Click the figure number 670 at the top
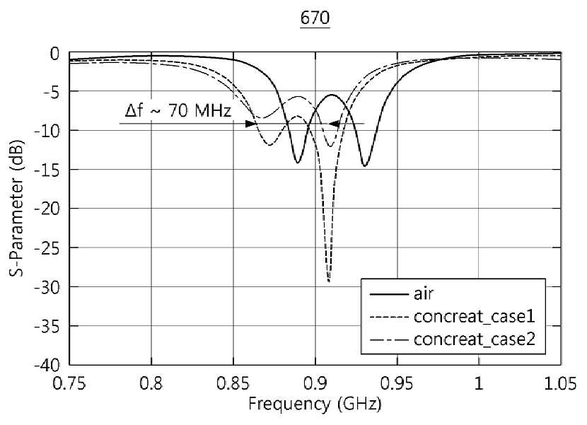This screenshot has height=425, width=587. [315, 18]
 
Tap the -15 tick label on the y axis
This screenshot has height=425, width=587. [47, 169]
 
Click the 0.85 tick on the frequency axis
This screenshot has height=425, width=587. [233, 383]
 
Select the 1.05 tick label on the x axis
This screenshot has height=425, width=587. [561, 383]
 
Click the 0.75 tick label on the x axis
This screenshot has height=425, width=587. [69, 383]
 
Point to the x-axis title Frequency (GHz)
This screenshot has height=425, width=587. [315, 404]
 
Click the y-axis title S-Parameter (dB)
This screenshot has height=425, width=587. [16, 208]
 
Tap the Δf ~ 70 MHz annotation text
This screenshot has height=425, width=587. [178, 111]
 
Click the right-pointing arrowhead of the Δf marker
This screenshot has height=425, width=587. [251, 124]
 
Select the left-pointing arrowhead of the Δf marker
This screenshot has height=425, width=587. [334, 124]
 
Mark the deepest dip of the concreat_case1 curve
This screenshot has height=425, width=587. [329, 281]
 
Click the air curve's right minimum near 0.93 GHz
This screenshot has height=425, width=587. [365, 165]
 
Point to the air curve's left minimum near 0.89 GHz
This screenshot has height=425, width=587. [298, 162]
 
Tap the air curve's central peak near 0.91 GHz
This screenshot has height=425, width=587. [332, 95]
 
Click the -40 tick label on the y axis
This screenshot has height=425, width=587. [47, 365]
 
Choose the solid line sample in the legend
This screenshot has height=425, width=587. [388, 294]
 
